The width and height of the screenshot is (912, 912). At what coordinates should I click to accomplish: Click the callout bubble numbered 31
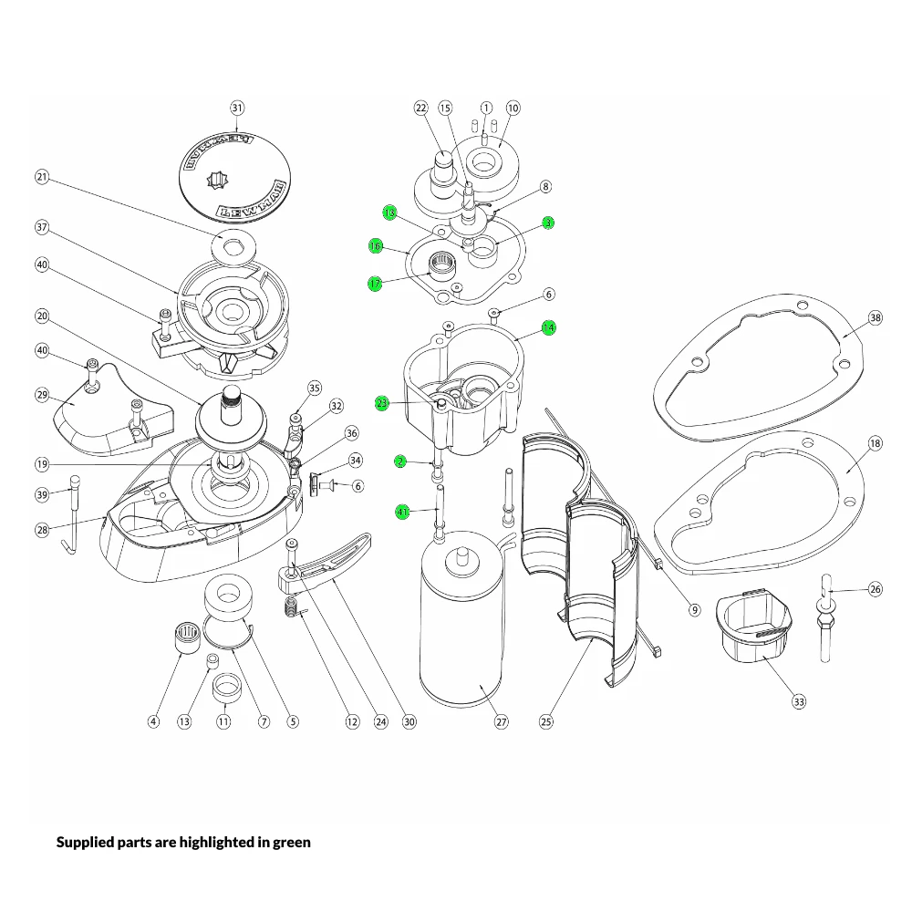click(237, 108)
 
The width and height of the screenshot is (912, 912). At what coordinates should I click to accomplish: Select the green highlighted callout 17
click(375, 284)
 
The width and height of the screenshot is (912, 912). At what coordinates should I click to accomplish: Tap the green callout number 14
click(548, 327)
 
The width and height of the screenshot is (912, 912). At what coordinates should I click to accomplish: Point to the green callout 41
click(402, 512)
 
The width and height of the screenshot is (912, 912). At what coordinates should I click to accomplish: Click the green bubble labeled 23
click(382, 402)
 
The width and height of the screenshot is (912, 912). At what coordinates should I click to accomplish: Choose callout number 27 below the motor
click(501, 721)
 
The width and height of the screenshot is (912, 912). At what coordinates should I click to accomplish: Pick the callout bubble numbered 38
click(875, 318)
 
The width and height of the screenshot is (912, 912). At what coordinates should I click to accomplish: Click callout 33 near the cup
click(799, 701)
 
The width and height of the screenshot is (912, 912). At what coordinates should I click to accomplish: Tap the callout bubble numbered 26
click(875, 589)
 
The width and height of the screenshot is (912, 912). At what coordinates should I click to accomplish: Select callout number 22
click(421, 108)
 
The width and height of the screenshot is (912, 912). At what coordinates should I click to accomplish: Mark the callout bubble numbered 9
click(694, 609)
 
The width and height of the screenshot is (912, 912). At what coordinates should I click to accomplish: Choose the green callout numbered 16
click(375, 246)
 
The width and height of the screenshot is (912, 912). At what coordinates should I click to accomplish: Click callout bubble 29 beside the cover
click(42, 395)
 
